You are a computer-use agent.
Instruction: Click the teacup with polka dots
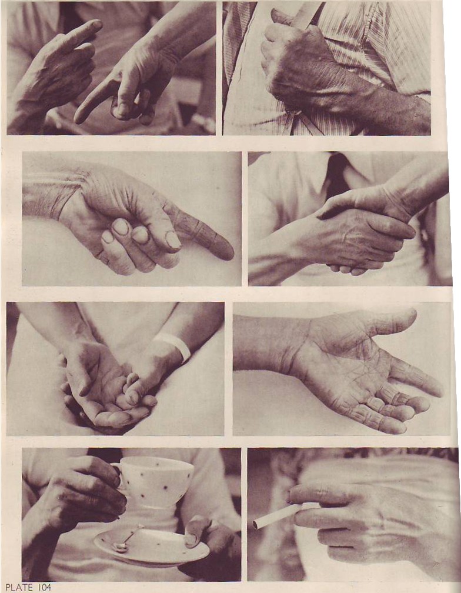tap(155, 480)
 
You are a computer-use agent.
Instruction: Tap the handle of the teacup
tap(116, 477)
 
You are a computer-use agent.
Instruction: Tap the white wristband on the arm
tap(175, 345)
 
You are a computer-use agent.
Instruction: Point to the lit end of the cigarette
tap(255, 524)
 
